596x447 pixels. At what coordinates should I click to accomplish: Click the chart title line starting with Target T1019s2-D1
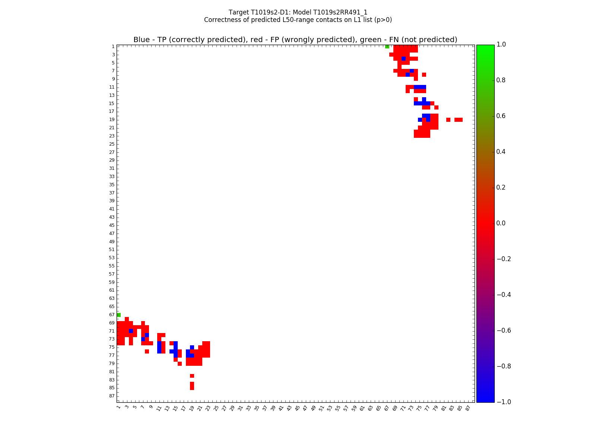[x=298, y=12]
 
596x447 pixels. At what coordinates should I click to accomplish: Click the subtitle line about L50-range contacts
[x=298, y=20]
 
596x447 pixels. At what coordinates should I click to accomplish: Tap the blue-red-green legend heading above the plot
[x=295, y=40]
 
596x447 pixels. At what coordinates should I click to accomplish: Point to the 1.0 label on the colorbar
[x=501, y=44]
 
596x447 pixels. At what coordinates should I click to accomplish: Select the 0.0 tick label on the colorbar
[x=501, y=223]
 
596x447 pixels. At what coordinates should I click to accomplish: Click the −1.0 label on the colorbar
[x=503, y=402]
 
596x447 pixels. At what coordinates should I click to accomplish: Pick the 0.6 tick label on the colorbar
[x=501, y=116]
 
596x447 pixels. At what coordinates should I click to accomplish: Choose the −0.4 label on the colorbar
[x=503, y=295]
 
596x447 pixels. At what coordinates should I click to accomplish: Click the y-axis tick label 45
[x=112, y=225]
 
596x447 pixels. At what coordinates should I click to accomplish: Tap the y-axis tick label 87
[x=112, y=396]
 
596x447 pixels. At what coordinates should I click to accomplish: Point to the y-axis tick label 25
[x=112, y=144]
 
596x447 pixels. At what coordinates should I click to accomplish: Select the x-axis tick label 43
[x=289, y=408]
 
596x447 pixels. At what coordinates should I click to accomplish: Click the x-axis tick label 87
[x=468, y=408]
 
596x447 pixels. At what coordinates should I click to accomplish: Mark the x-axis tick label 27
[x=224, y=408]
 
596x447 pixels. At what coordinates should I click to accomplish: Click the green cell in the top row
[x=387, y=47]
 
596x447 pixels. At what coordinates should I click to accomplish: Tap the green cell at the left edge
[x=118, y=315]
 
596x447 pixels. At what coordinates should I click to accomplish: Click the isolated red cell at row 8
[x=424, y=75]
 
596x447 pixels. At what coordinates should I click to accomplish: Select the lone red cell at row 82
[x=192, y=376]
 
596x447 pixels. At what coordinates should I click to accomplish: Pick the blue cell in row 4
[x=403, y=59]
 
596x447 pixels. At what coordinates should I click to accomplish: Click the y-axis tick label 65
[x=112, y=307]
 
